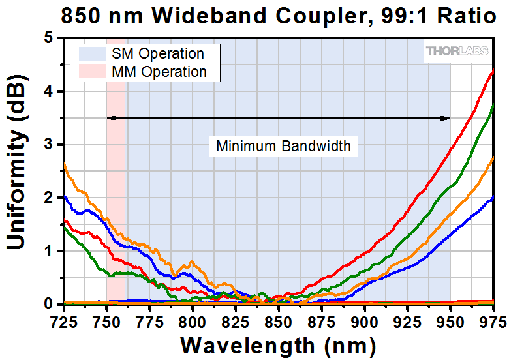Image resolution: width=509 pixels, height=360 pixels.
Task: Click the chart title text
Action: [x=279, y=15]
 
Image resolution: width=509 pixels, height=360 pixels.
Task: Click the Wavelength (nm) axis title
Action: [x=278, y=344]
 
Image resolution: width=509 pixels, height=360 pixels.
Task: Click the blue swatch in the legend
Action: [x=91, y=54]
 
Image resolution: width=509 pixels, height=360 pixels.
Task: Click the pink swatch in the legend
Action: [x=91, y=72]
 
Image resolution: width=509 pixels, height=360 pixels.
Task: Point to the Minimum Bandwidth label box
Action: [x=283, y=146]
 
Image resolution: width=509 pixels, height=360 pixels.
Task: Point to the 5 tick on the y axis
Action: [x=56, y=38]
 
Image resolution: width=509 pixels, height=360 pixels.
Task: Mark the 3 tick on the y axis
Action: [x=56, y=145]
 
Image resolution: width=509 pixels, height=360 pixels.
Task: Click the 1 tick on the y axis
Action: [x=56, y=251]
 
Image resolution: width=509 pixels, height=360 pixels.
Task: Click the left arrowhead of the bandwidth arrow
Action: [x=110, y=118]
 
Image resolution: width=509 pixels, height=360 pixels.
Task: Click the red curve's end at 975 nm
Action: [x=493, y=70]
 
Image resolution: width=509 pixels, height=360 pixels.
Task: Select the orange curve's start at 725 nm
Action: [x=65, y=164]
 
